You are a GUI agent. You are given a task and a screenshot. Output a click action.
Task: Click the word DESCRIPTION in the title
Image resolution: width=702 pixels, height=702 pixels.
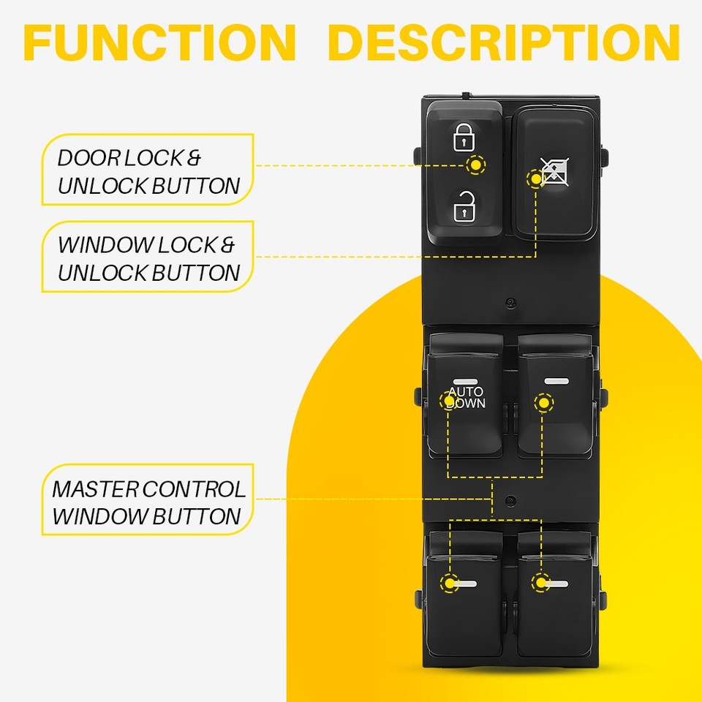pos(504,42)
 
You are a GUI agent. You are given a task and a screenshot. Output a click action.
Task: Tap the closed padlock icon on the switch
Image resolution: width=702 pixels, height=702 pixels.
pos(464,137)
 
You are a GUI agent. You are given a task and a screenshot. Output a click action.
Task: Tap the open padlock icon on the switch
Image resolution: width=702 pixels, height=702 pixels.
pos(464,207)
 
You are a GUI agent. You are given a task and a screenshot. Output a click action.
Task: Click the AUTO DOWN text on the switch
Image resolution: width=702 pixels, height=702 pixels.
pos(467,398)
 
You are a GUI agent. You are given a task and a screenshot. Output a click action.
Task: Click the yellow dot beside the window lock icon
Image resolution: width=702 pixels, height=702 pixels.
pos(536,178)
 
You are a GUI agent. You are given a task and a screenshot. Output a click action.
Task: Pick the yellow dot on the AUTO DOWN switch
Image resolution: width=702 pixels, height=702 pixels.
pos(448,400)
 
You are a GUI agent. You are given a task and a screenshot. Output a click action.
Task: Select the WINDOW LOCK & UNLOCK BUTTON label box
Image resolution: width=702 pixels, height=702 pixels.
pos(148,258)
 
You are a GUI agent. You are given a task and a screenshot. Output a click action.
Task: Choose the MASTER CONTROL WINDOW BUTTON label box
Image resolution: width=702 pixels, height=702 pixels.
pos(148,502)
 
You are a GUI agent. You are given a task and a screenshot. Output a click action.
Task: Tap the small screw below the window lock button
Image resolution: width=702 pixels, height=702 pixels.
pos(510,301)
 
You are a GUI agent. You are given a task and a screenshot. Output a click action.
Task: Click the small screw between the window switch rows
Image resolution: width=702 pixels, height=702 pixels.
pos(510,500)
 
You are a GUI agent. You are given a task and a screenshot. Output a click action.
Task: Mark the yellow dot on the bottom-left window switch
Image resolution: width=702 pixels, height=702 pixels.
pos(448,583)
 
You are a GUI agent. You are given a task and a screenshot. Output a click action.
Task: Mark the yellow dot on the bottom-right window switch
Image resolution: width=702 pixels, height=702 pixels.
pos(540,583)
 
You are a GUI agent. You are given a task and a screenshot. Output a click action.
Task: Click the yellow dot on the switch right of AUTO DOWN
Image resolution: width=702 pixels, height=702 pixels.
pos(543,401)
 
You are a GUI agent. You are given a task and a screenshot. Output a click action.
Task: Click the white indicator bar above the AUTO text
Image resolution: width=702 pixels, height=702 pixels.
pos(464,381)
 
